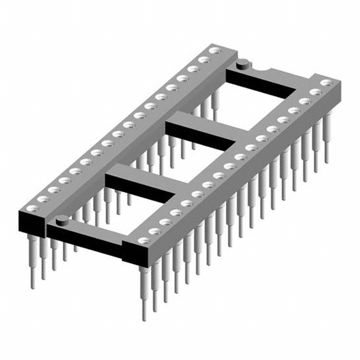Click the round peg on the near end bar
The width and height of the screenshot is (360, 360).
(62, 219)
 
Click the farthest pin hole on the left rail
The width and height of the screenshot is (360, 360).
(213, 51)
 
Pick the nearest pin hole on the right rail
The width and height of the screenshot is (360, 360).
(144, 241)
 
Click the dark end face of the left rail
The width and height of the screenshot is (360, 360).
(31, 220)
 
